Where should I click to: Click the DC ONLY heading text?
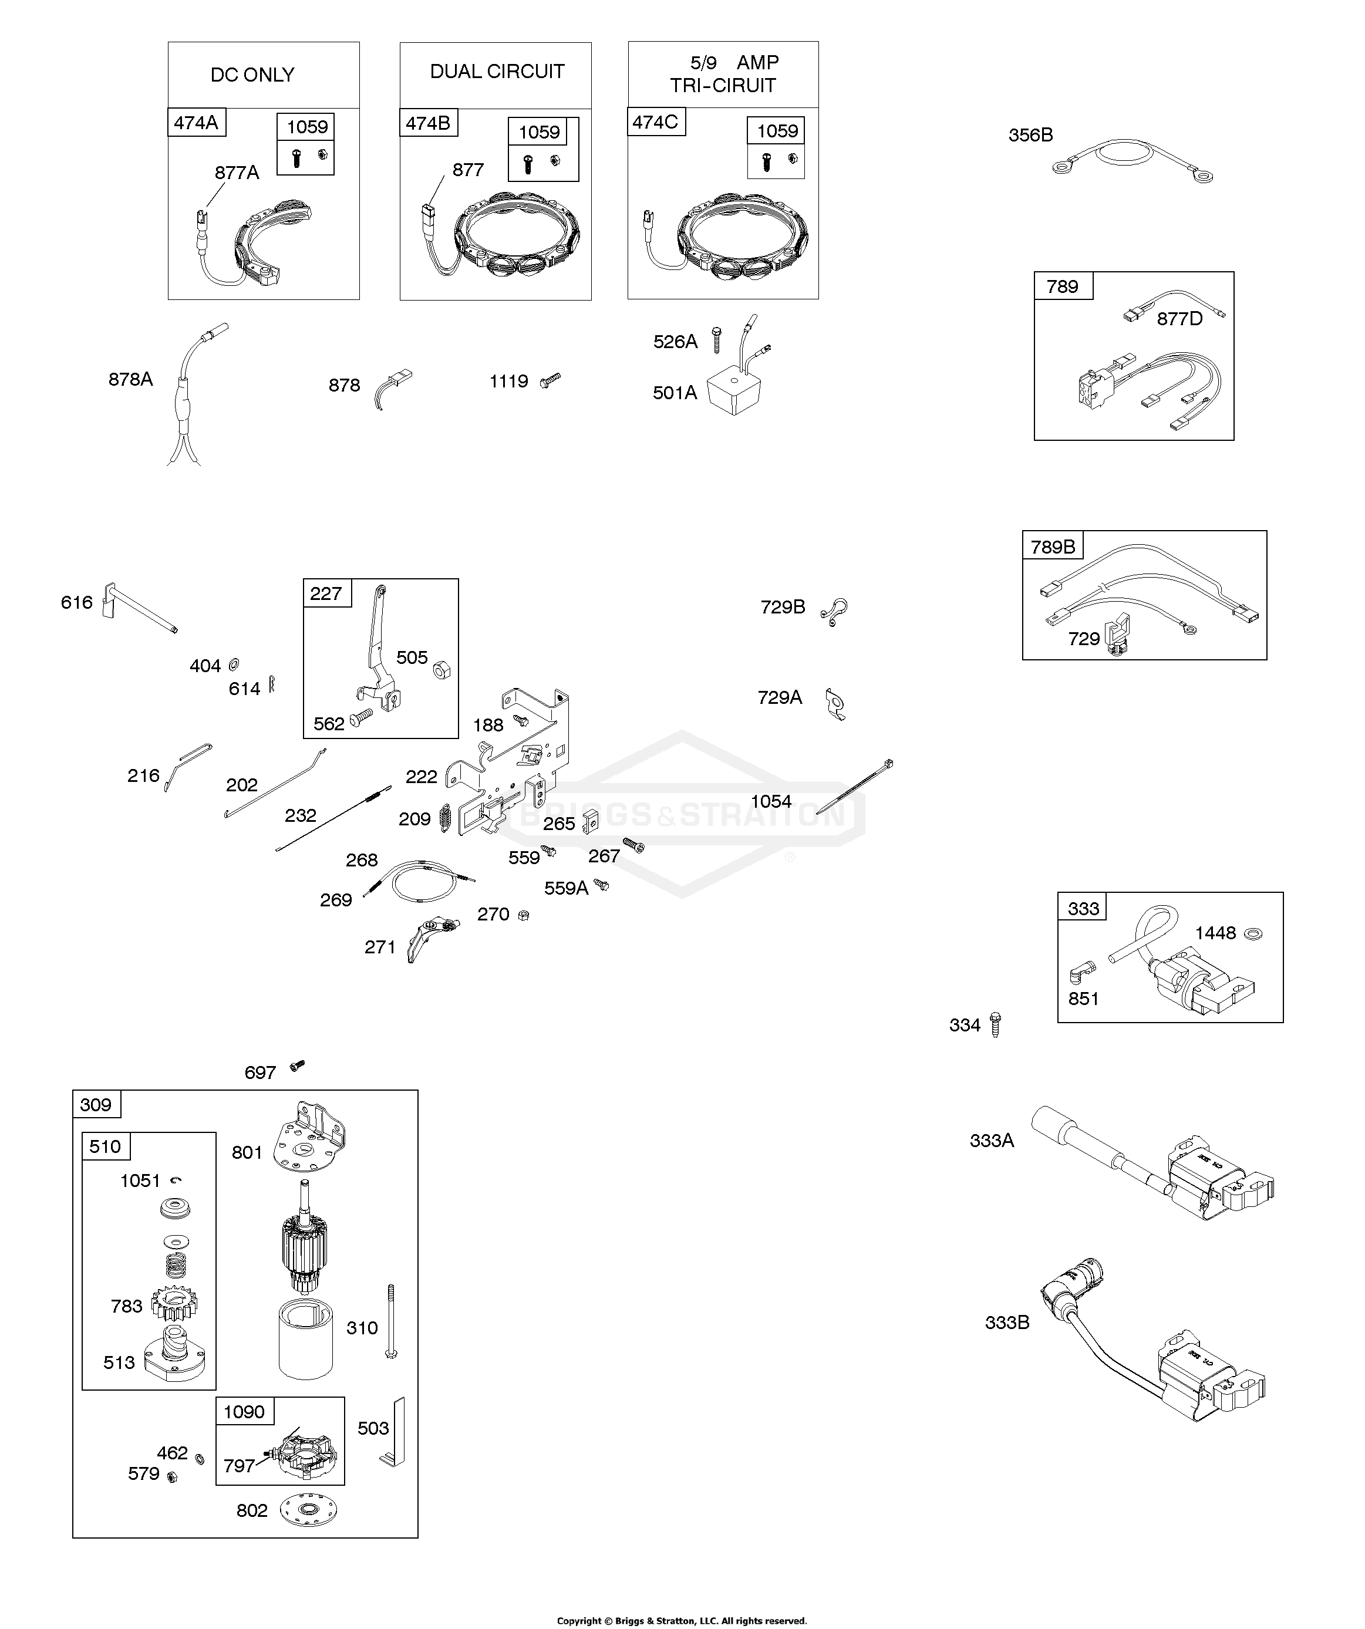252,75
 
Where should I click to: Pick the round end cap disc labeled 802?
311,1510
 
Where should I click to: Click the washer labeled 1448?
1252,933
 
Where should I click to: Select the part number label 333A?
991,1140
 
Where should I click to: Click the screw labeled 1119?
550,380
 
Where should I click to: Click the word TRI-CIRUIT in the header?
723,86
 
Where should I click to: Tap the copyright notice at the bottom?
682,1620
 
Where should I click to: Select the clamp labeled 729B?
835,611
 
